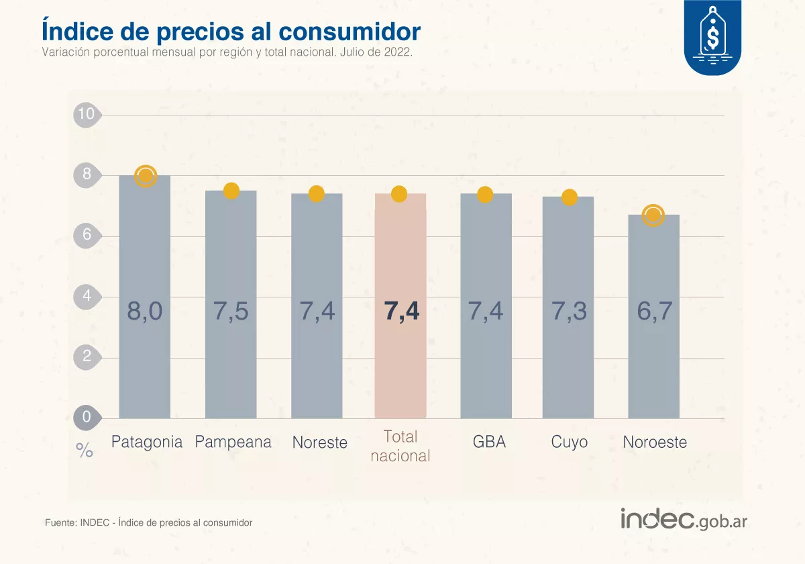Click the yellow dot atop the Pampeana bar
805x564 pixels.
(x=231, y=191)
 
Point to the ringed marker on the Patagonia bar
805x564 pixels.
(x=146, y=177)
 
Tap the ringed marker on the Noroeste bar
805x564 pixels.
(x=653, y=216)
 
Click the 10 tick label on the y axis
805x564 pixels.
(x=86, y=114)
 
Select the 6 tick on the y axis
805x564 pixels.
(x=87, y=236)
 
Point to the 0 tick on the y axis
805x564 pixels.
(x=87, y=417)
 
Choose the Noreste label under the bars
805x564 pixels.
(x=320, y=443)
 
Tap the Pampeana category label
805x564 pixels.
(x=233, y=442)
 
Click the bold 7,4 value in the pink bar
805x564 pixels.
(x=401, y=312)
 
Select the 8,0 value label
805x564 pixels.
(x=145, y=312)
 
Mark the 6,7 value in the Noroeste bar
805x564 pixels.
(x=654, y=312)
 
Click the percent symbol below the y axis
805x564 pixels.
(x=85, y=451)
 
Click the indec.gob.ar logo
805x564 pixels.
(x=684, y=519)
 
